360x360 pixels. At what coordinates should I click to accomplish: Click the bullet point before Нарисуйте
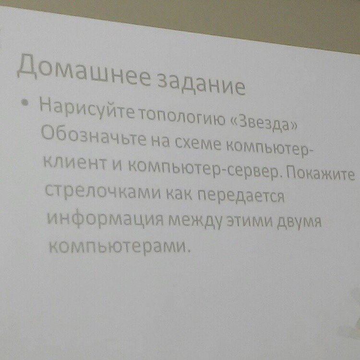pos(24,102)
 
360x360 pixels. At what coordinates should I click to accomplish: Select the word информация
pos(105,219)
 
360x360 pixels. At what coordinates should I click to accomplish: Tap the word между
pos(196,221)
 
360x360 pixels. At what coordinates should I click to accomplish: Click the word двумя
pos(299,222)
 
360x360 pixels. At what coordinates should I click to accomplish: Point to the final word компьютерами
pos(117,247)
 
